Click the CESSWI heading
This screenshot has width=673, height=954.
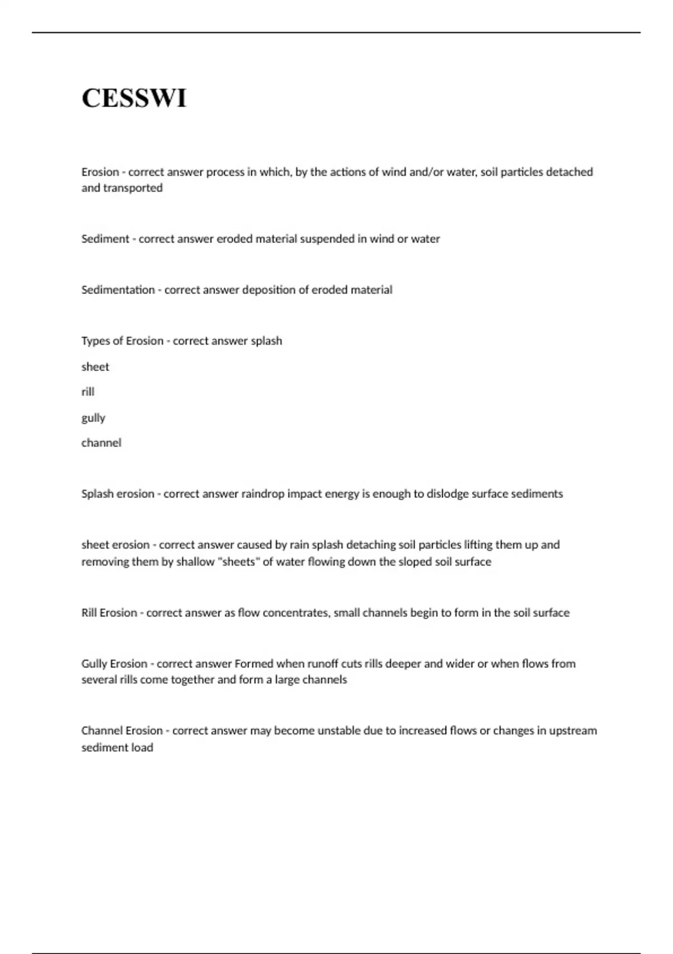[134, 98]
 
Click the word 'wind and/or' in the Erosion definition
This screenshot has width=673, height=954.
[412, 172]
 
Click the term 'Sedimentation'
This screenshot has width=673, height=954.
[118, 290]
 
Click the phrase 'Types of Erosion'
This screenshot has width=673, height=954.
[122, 341]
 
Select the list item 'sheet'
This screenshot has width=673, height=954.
[95, 367]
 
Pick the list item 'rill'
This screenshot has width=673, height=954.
[88, 392]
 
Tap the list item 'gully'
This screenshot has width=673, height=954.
[93, 418]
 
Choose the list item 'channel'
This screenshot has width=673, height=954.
[102, 443]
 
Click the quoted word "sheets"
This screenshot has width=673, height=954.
[238, 562]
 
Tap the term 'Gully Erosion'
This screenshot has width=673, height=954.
[114, 664]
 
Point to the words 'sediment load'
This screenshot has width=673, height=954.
[117, 747]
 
